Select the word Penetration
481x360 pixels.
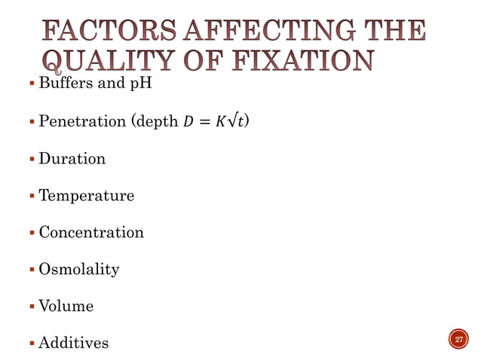(x=82, y=121)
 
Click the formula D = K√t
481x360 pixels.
(x=219, y=121)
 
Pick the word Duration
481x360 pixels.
(x=72, y=159)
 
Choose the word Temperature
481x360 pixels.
(x=86, y=196)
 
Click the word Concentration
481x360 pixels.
(x=91, y=233)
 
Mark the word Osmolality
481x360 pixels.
(x=78, y=269)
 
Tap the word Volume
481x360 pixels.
(x=66, y=306)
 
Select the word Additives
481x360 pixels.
(x=73, y=343)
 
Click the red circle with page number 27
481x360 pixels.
(x=458, y=340)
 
